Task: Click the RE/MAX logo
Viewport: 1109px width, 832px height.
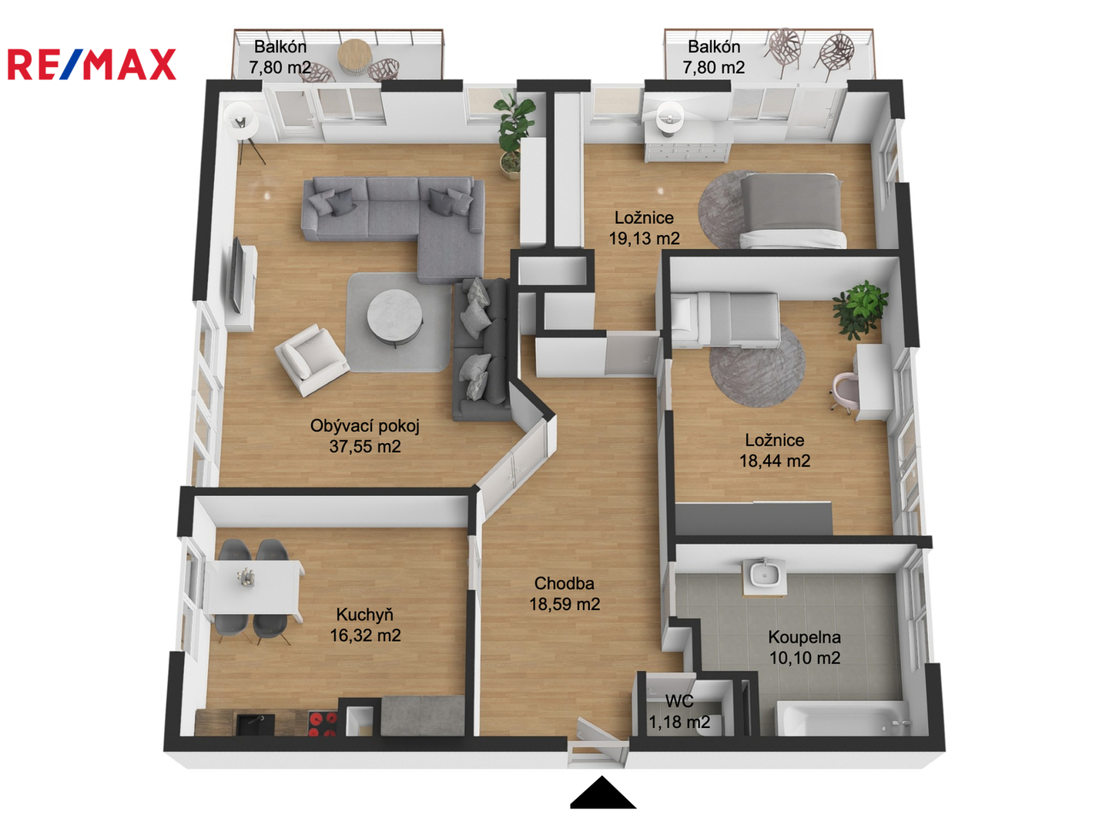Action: [x=92, y=64]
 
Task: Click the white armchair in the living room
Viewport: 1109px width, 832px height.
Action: [x=310, y=359]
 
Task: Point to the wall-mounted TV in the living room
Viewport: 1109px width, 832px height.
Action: [x=237, y=275]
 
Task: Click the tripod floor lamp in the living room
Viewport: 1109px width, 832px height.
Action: [x=243, y=131]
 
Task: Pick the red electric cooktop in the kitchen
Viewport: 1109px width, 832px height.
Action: [x=322, y=724]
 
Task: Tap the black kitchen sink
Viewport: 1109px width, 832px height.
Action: [x=256, y=724]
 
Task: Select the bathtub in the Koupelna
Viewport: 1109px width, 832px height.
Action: [x=843, y=717]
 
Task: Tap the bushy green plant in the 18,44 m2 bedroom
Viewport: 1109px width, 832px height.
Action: [x=860, y=309]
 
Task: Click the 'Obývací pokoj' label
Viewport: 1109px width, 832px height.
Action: [x=364, y=426]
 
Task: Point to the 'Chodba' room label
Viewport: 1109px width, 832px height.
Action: [x=564, y=583]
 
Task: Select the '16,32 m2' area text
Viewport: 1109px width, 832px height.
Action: [x=365, y=635]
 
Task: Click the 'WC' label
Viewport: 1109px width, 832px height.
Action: [x=679, y=701]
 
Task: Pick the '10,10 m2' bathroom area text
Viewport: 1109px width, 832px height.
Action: [x=804, y=658]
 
